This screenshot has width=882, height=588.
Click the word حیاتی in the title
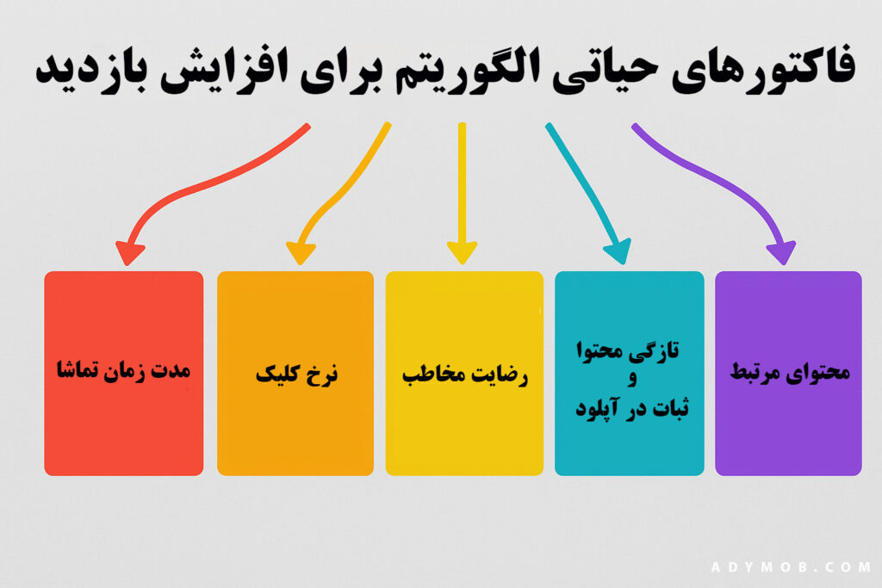click(605, 71)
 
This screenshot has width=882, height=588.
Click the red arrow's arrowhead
click(130, 253)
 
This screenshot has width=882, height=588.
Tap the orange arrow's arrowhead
click(301, 253)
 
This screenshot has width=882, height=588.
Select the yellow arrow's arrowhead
click(463, 253)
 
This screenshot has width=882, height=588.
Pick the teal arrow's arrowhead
click(618, 251)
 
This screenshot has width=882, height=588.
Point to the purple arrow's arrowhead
click(782, 252)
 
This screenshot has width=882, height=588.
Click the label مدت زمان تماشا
click(124, 370)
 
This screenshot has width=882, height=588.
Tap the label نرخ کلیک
click(296, 374)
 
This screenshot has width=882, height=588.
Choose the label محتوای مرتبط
click(790, 372)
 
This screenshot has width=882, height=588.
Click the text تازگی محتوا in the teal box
click(627, 350)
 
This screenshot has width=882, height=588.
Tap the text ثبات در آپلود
click(631, 407)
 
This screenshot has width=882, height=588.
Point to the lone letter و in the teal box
click(632, 378)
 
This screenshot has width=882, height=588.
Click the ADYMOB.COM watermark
click(792, 566)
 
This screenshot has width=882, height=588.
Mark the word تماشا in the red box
click(76, 368)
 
